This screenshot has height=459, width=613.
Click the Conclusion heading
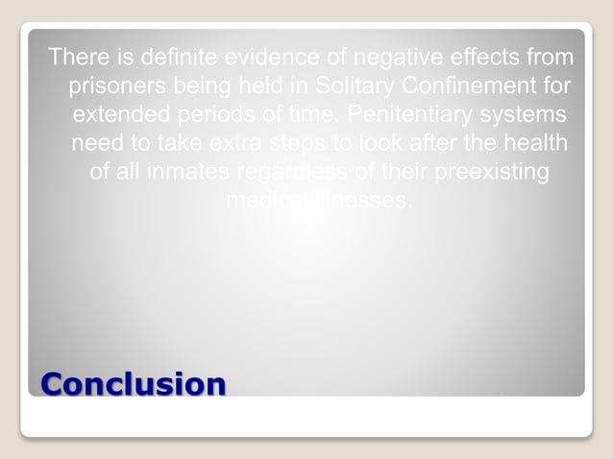click(x=134, y=383)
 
